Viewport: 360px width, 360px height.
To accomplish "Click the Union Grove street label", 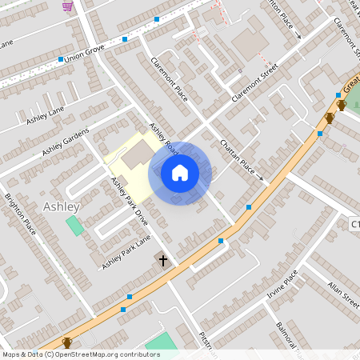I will point(84,57).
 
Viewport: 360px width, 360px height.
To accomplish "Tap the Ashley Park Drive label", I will point(130,202).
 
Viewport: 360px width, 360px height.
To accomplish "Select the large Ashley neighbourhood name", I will point(62,207).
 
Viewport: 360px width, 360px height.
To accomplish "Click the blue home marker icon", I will point(180,173).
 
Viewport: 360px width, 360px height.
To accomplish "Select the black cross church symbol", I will point(163,260).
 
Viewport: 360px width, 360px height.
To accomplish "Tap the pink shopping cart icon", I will point(67,6).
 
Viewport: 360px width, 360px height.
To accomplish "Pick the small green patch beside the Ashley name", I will point(74,225).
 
